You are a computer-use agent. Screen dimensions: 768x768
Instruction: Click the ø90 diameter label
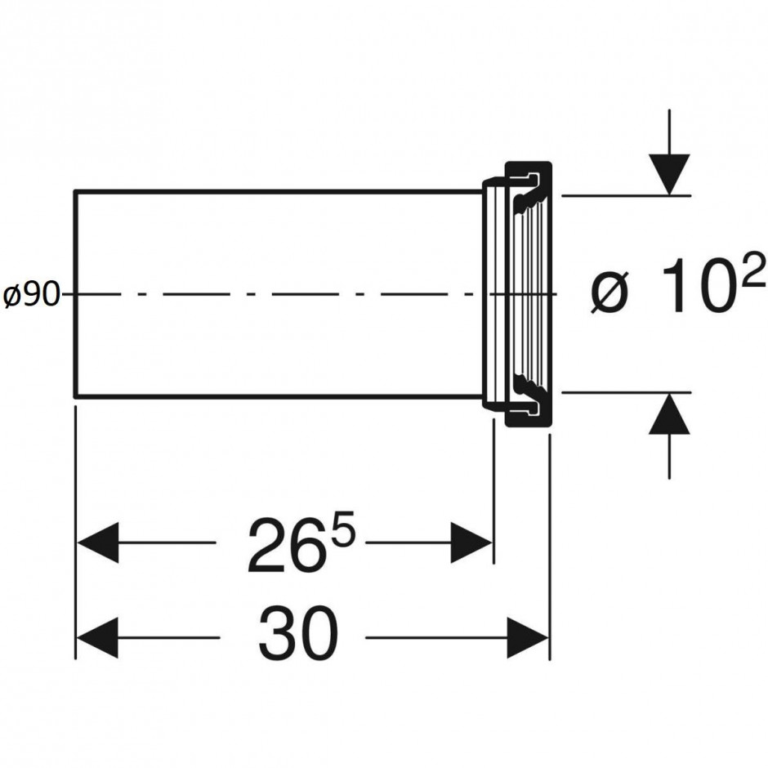coord(32,296)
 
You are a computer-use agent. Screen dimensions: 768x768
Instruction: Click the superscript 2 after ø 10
coord(753,270)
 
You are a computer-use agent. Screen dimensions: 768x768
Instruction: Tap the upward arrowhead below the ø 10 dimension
coord(669,414)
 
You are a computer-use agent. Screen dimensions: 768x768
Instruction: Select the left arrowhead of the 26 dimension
coord(97,543)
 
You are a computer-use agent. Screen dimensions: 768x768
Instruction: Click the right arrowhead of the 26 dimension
coord(471,543)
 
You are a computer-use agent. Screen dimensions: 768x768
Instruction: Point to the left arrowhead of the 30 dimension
coord(97,638)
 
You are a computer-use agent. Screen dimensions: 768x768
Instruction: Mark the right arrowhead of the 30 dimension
coord(527,638)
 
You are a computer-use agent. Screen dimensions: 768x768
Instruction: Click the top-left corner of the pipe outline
coord(75,192)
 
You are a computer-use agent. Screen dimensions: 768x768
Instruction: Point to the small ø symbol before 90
coord(11,296)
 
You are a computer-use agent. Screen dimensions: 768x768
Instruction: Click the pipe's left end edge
coord(75,294)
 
